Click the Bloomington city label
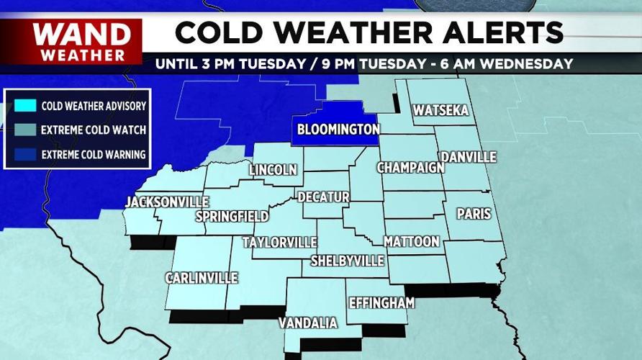pyautogui.click(x=338, y=130)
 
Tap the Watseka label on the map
pyautogui.click(x=440, y=110)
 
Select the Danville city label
pyautogui.click(x=469, y=156)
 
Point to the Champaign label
pyautogui.click(x=410, y=168)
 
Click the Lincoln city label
pyautogui.click(x=273, y=170)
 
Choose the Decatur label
pyautogui.click(x=323, y=197)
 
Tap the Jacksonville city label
pyautogui.click(x=167, y=202)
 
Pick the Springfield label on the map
pyautogui.click(x=232, y=216)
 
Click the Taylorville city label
pyautogui.click(x=279, y=241)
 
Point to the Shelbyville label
pyautogui.click(x=348, y=261)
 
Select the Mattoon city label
pyautogui.click(x=411, y=241)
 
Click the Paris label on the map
pyautogui.click(x=474, y=214)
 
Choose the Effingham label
pyautogui.click(x=381, y=303)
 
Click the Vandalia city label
pyautogui.click(x=308, y=323)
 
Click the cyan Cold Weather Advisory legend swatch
pyautogui.click(x=25, y=106)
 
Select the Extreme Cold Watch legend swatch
pyautogui.click(x=25, y=130)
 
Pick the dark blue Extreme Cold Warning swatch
pyautogui.click(x=25, y=154)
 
